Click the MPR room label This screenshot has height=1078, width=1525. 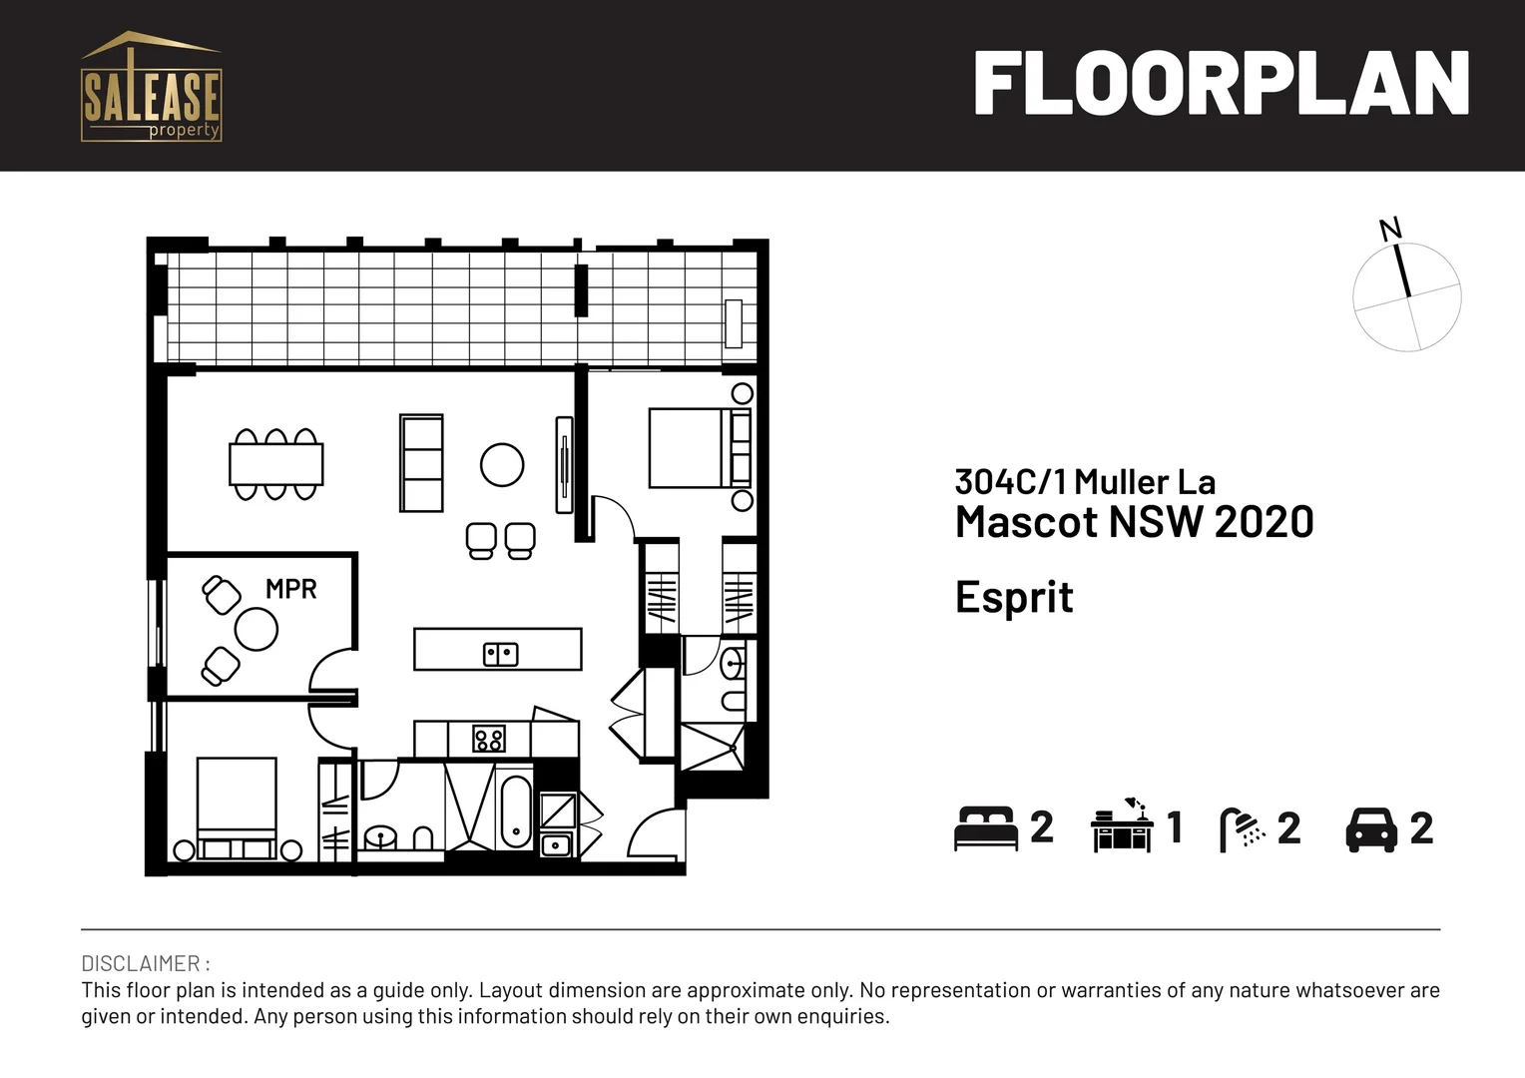pos(290,589)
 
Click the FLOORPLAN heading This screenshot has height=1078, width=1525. pos(1221,84)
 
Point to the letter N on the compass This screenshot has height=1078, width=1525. pos(1390,229)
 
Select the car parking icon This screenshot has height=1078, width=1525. pos(1371,828)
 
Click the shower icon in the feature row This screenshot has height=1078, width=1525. pos(1240,828)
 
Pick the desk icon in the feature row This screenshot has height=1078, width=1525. pos(1122,826)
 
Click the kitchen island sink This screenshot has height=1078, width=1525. pos(500,655)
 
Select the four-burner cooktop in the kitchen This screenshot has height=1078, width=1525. pos(488,740)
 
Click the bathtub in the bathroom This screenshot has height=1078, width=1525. pos(515,811)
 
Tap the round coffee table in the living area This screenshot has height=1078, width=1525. pos(502,464)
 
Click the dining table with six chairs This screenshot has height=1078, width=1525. pos(275,464)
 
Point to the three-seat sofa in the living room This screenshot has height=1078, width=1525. pos(421,463)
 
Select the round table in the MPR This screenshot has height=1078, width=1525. pos(256,630)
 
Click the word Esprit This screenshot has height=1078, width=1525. pos(1014,598)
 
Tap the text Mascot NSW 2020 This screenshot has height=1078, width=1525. pos(1134,522)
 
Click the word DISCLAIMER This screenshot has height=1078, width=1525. pos(142,964)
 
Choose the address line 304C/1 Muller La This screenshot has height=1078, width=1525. pos(1085,482)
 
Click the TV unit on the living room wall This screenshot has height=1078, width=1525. pos(564,465)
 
